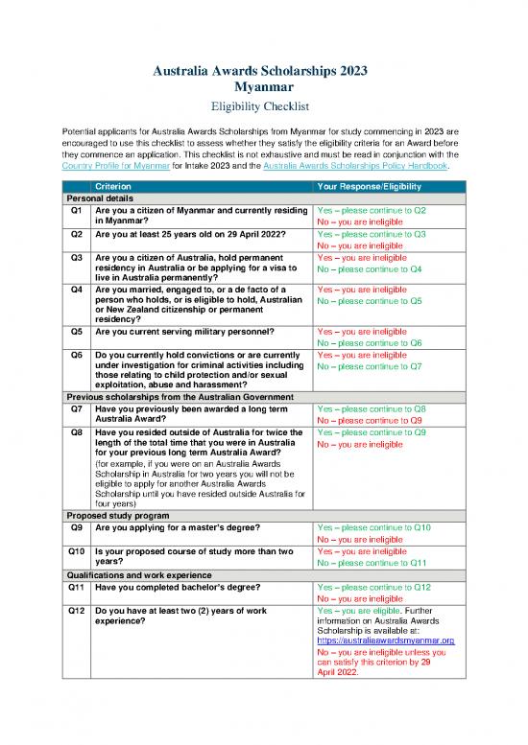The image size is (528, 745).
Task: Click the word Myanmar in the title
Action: point(264,87)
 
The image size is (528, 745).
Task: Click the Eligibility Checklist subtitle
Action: point(264,107)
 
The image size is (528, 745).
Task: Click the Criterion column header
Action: point(114,185)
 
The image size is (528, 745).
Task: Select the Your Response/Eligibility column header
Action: point(364,185)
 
